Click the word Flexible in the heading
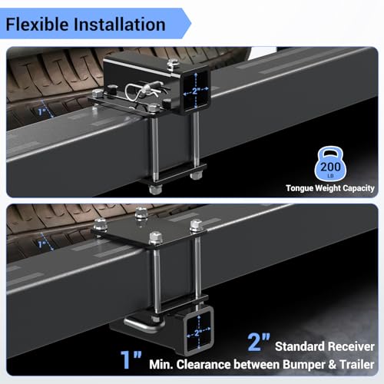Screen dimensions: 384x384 coord(37,25)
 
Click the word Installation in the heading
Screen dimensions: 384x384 coord(120,25)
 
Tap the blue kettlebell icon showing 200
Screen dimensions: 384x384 coord(330,164)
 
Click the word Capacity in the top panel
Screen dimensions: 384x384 coord(359,188)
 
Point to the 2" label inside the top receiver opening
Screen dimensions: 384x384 coord(196,91)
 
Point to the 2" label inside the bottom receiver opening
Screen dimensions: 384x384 coord(197,333)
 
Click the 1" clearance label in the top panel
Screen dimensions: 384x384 coord(41,111)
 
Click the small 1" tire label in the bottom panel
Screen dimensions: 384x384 coord(41,244)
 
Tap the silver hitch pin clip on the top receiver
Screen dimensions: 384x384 coord(144,91)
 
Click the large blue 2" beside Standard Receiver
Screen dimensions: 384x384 coord(259,343)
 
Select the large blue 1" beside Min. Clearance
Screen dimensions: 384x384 coord(131,359)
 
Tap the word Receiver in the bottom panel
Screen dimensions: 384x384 coord(348,346)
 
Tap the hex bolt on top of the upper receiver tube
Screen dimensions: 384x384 coord(173,64)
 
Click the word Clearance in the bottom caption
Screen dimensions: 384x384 coord(204,365)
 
